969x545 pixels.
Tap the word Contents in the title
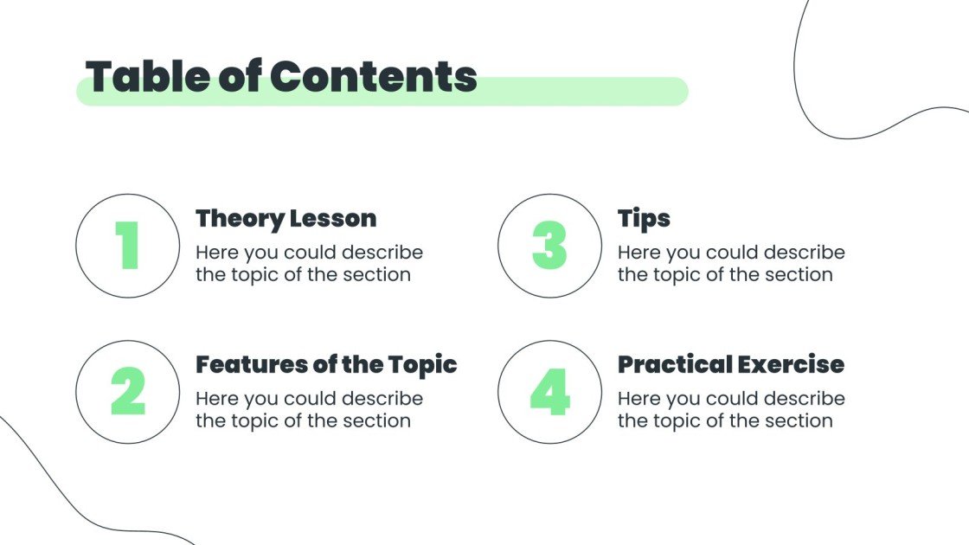pos(374,77)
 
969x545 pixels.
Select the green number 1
pos(127,246)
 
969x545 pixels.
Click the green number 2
pos(128,392)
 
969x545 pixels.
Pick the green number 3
pos(549,246)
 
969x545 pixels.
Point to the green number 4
pos(549,392)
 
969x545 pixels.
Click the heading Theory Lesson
pos(286,218)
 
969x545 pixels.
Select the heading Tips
pos(644,218)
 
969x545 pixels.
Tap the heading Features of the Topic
pos(326,364)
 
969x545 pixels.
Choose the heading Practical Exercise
pos(731,364)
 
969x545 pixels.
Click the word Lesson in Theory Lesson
pos(332,218)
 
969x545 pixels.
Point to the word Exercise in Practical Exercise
pos(789,364)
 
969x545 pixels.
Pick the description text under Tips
pos(731,264)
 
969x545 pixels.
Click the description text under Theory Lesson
pos(309,264)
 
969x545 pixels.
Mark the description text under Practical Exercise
pos(731,410)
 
